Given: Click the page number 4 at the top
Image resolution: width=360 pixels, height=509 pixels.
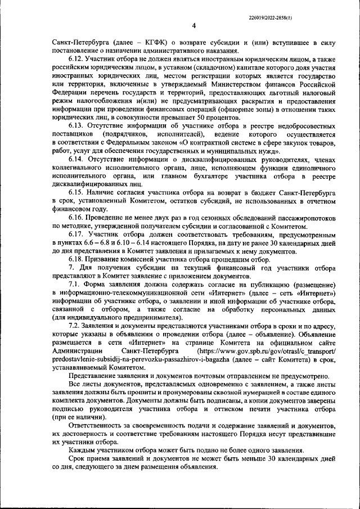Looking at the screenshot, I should tap(193, 25).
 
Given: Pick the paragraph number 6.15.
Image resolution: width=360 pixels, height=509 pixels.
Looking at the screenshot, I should tap(76, 192).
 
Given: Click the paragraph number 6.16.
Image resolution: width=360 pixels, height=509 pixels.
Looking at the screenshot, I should tap(76, 217).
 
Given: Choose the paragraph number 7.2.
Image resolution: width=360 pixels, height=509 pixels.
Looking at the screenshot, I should tap(76, 326).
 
